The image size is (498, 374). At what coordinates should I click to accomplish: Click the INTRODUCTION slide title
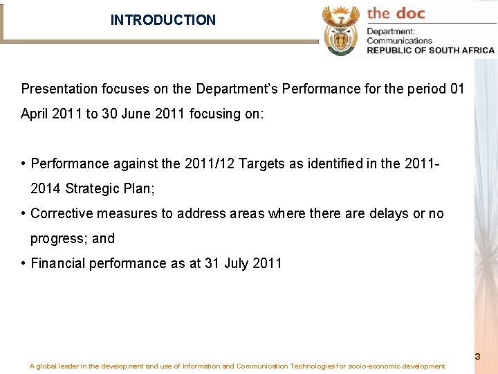coord(163,20)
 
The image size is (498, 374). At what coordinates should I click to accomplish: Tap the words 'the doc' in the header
coord(396,13)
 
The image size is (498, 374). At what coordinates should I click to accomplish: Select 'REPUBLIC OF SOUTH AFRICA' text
coord(430,50)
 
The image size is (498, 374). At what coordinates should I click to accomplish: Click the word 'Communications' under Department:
coord(399,40)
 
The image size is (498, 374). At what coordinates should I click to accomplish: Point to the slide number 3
coord(477,357)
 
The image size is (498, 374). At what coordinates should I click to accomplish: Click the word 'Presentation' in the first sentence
coord(59,89)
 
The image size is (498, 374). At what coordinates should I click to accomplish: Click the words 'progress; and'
coord(73,238)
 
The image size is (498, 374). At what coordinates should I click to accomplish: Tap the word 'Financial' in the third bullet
coord(58,263)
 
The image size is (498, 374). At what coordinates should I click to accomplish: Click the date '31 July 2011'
coord(243,263)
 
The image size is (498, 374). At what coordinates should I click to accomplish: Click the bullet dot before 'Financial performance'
coord(24,263)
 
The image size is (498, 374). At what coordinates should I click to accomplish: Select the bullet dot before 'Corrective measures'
coord(24,213)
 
